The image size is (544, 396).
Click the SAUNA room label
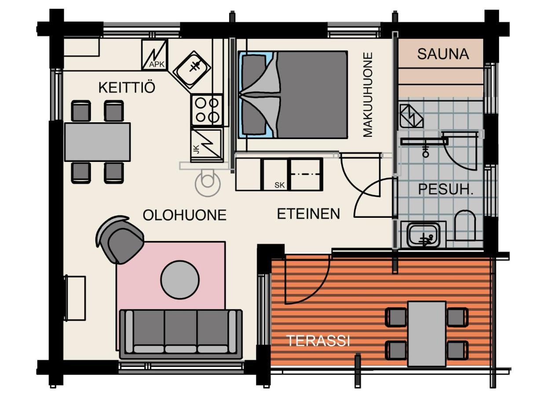(442, 54)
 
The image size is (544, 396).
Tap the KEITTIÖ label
(127, 88)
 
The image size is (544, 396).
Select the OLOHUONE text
(184, 215)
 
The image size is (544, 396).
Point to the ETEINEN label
(308, 214)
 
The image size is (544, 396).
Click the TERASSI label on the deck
(318, 341)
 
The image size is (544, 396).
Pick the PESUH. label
(445, 190)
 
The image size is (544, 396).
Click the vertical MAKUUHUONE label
(368, 95)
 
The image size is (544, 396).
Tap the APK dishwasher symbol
(155, 55)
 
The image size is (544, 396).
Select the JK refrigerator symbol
(206, 144)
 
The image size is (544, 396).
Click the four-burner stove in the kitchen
(207, 110)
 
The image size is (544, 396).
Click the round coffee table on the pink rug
(180, 279)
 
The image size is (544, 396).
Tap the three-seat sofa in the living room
(181, 332)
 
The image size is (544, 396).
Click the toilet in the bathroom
(465, 225)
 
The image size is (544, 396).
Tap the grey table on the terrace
(426, 334)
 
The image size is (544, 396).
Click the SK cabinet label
(279, 185)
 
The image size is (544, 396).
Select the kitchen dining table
(97, 142)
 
